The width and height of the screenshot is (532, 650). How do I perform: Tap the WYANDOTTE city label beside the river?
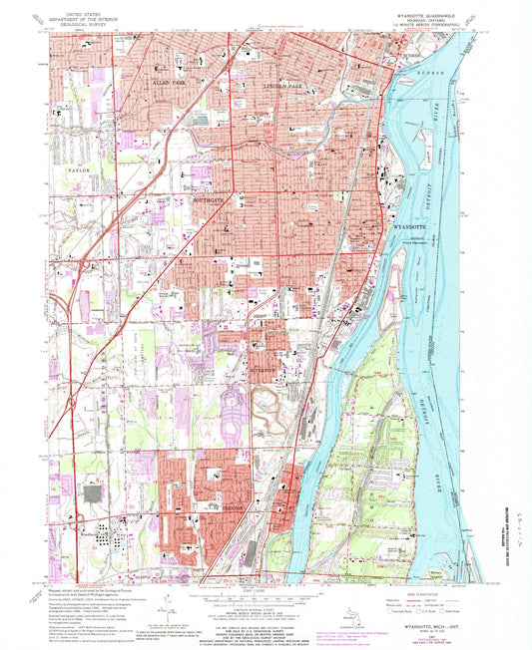[x=413, y=228]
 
